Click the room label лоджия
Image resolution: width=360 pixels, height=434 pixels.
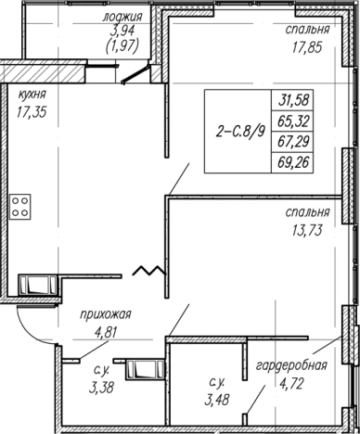(x=122, y=17)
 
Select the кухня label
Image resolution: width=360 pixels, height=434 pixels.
(x=32, y=94)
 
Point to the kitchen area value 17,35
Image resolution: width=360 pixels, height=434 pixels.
(x=32, y=111)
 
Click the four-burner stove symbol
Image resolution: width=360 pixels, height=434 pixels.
(x=20, y=207)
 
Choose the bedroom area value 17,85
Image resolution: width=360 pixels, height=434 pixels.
(x=307, y=47)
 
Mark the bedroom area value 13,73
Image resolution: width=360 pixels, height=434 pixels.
(x=307, y=230)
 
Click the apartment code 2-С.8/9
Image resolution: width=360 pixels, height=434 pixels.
(x=240, y=132)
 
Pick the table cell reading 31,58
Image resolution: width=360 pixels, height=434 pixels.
(x=293, y=100)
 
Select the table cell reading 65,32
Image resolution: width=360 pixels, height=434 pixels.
(x=293, y=121)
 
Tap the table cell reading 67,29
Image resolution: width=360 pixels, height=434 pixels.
(x=293, y=142)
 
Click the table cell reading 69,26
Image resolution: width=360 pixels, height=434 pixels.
(x=293, y=162)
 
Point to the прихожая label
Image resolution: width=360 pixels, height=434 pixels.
(x=106, y=315)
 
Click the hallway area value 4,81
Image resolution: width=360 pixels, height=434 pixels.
(x=107, y=333)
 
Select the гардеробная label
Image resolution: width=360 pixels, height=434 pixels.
(x=291, y=365)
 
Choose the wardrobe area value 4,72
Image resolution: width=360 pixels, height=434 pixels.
(x=291, y=384)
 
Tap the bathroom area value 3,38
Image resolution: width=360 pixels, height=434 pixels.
(x=101, y=387)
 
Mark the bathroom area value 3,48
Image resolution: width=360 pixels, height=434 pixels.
(x=216, y=400)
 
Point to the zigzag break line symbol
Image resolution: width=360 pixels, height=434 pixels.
(x=149, y=270)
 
